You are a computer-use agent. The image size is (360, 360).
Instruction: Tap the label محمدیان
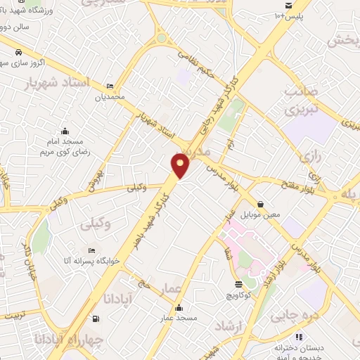(x=110, y=96)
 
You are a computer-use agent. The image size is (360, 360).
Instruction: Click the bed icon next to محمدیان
(x=110, y=86)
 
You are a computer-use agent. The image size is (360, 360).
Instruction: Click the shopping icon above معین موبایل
(x=260, y=204)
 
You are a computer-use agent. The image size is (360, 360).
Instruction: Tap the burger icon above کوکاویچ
(x=238, y=284)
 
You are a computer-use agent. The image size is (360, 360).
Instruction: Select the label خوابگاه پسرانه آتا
(x=92, y=261)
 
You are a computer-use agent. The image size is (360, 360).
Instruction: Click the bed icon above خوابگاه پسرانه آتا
(x=92, y=250)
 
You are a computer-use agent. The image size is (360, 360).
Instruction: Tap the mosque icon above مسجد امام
(x=65, y=131)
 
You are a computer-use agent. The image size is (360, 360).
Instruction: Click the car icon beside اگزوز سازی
(x=18, y=53)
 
